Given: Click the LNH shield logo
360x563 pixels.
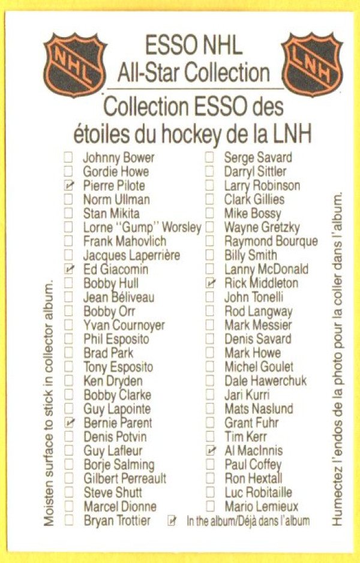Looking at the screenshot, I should click(x=312, y=64).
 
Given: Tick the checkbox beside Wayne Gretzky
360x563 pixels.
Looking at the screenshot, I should click(x=210, y=227).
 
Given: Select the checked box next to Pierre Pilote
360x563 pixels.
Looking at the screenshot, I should click(x=70, y=186).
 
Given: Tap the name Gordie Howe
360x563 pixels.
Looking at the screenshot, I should click(x=116, y=171).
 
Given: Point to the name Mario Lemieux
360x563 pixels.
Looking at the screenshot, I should click(x=261, y=507).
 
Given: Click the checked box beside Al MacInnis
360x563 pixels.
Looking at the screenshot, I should click(x=210, y=450).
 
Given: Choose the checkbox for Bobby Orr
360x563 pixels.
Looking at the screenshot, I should click(x=69, y=311).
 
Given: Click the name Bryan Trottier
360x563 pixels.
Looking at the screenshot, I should click(x=117, y=520).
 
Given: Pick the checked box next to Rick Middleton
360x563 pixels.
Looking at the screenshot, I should click(x=210, y=283).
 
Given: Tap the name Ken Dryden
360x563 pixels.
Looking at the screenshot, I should click(x=113, y=381).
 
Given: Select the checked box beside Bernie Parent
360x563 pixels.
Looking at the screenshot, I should click(x=70, y=423).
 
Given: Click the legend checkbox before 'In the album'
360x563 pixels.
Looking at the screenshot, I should click(x=173, y=520).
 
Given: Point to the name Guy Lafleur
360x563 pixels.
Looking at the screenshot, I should click(x=113, y=450).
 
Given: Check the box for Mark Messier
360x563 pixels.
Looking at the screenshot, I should click(x=210, y=325).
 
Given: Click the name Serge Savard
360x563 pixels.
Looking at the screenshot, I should click(x=258, y=158).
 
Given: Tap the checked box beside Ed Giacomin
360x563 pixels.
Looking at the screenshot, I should click(x=70, y=269).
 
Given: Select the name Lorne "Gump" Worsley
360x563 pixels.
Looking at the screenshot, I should click(x=142, y=227).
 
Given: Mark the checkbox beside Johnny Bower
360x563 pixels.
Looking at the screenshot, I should click(x=69, y=158).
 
